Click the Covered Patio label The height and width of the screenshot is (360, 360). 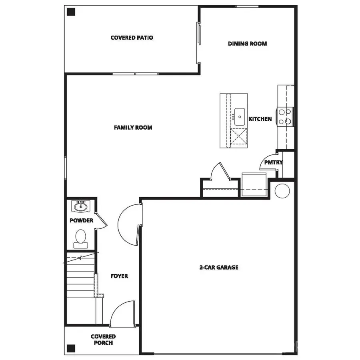tap(132, 38)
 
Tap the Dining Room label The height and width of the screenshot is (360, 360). tap(247, 44)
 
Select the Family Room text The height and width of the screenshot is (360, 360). tap(133, 128)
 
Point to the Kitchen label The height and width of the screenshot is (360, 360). tap(260, 119)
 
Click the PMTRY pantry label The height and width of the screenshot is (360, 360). tap(273, 162)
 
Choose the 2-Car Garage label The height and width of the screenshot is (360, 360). tap(219, 267)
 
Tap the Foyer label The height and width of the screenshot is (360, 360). tap(119, 276)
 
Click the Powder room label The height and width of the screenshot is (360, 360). tap(81, 220)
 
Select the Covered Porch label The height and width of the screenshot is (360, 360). tap(103, 340)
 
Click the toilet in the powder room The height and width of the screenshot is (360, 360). tap(80, 237)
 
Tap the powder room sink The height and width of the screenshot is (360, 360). tap(80, 207)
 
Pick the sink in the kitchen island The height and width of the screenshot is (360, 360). tap(240, 116)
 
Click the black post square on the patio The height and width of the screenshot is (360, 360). tap(71, 12)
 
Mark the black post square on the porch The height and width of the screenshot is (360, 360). tap(71, 348)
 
